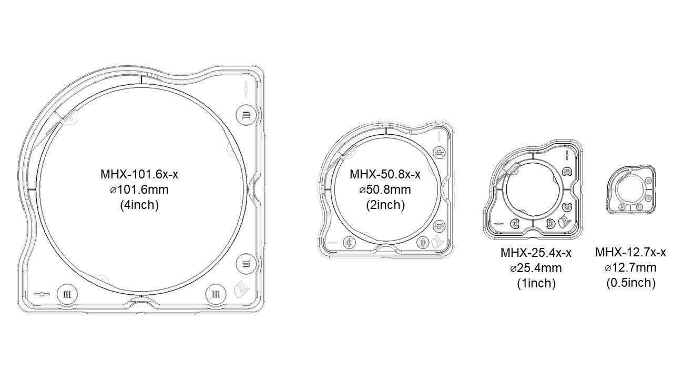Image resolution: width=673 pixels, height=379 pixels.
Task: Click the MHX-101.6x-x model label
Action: click(139, 174)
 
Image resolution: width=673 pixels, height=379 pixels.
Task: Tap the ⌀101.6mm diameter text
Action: click(139, 190)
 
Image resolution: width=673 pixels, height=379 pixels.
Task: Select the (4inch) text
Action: click(139, 205)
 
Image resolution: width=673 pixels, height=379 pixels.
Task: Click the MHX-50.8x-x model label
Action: click(385, 174)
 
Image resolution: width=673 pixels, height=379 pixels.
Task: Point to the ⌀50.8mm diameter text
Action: click(385, 190)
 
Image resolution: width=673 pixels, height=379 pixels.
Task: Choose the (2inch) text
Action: click(385, 205)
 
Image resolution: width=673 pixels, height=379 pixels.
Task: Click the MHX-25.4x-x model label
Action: click(536, 253)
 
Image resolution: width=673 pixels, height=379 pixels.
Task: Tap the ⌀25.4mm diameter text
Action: click(536, 268)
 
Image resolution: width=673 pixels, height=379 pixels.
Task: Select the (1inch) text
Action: click(536, 283)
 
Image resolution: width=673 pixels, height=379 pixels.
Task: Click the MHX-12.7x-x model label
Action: click(630, 252)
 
